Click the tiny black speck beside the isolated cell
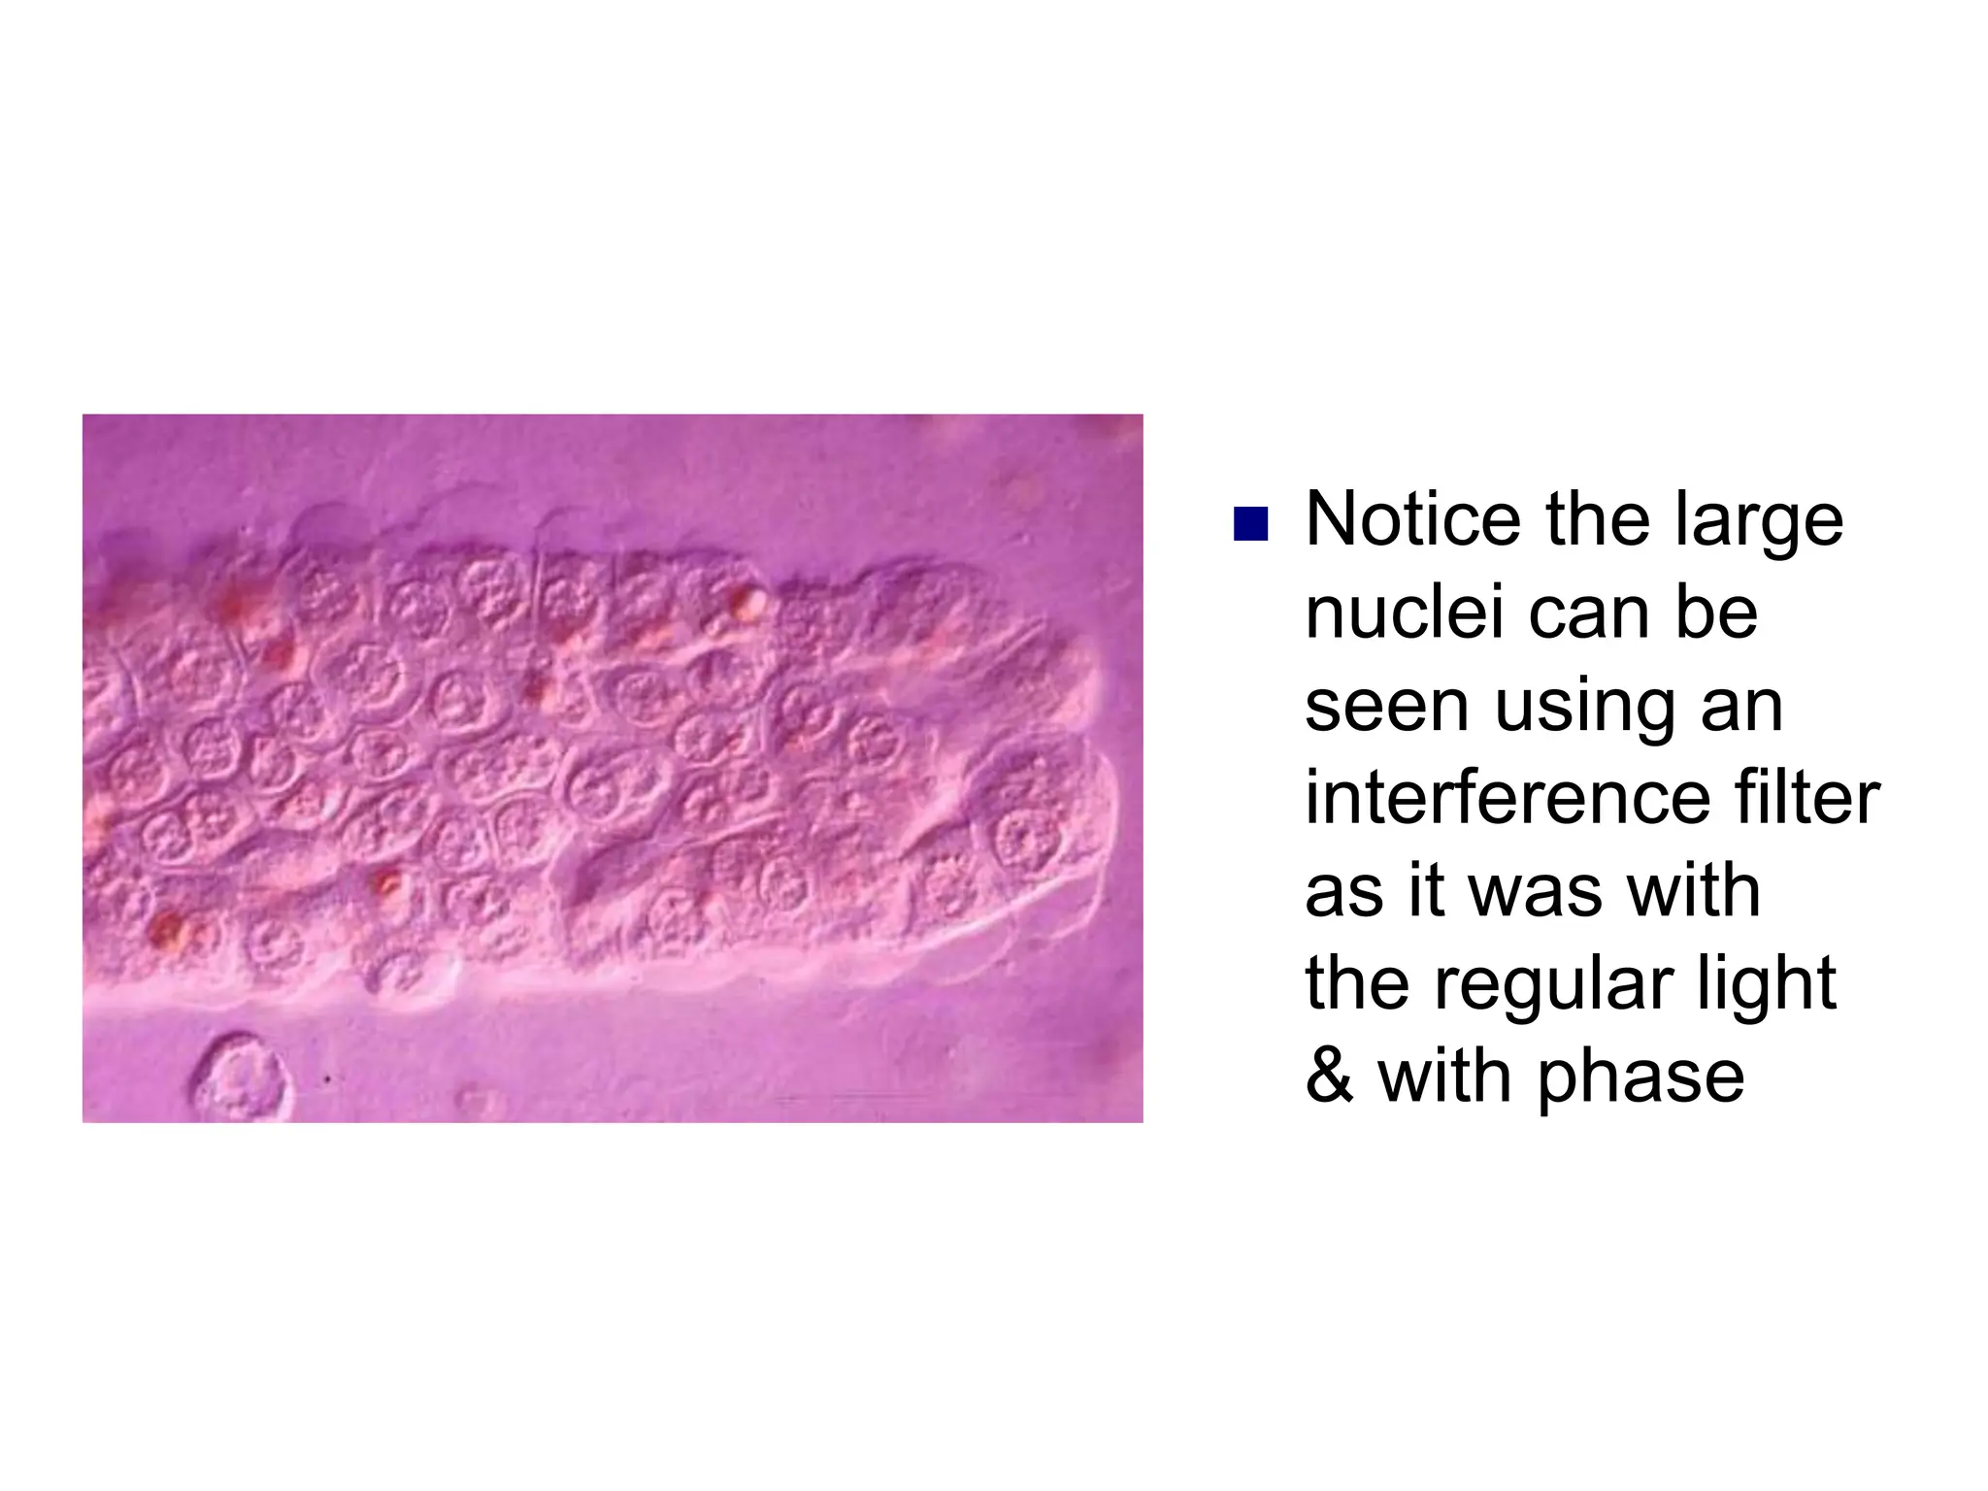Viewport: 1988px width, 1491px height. click(328, 1078)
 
